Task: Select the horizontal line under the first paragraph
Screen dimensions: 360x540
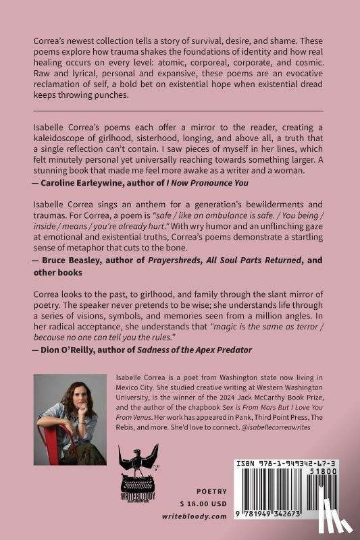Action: pyautogui.click(x=178, y=109)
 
